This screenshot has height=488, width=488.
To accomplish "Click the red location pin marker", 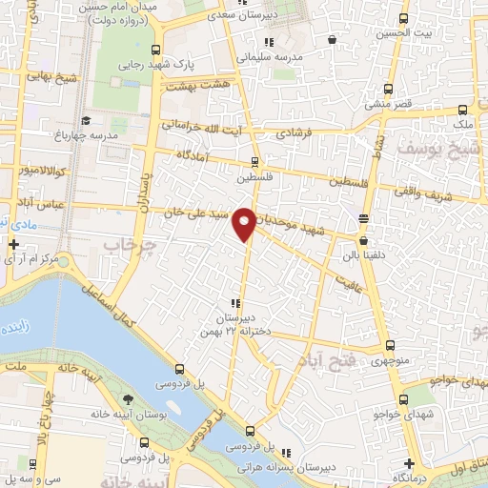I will [x=245, y=222].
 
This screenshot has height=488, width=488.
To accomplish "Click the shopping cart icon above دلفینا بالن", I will [x=363, y=220].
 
